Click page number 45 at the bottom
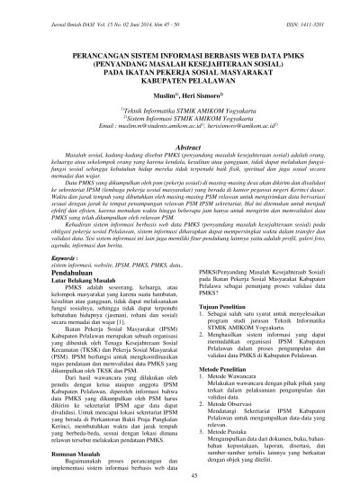coord(180,478)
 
